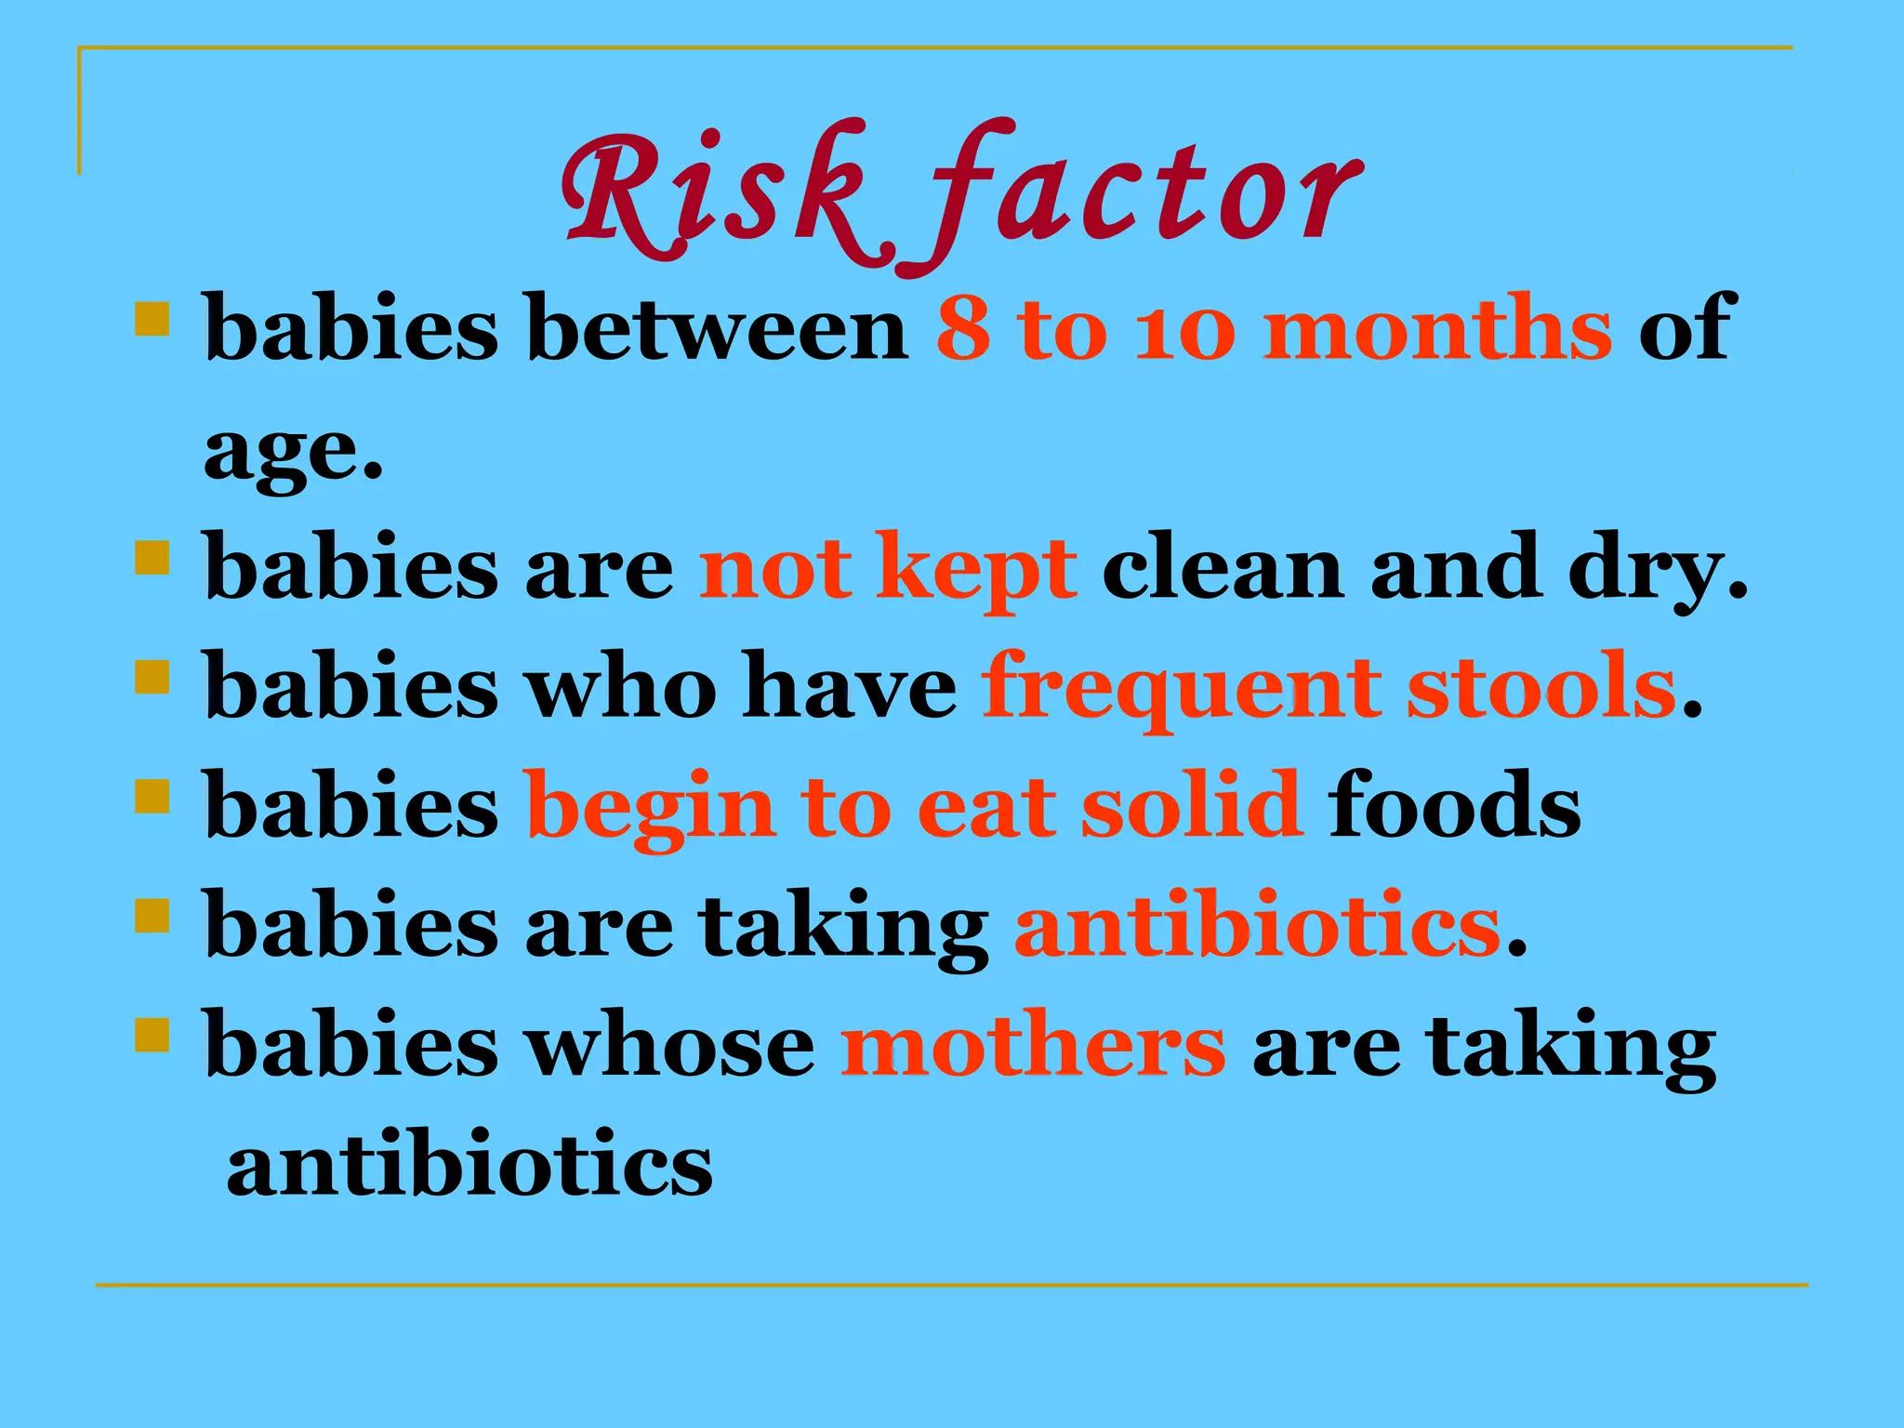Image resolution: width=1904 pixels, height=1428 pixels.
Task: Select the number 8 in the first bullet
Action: pos(963,328)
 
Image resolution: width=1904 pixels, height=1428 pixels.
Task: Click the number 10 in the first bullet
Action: pos(1184,328)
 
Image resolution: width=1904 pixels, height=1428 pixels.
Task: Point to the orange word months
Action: pos(1437,328)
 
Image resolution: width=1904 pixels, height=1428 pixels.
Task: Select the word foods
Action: pos(1454,805)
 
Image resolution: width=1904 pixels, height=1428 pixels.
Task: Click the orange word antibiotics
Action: pos(1257,926)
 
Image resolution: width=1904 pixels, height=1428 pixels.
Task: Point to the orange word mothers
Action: pos(1032,1047)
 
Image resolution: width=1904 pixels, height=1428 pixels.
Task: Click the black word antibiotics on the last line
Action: pos(469,1166)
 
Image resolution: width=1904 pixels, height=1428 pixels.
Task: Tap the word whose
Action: pos(671,1047)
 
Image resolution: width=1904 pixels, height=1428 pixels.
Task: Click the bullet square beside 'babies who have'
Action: pos(152,677)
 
